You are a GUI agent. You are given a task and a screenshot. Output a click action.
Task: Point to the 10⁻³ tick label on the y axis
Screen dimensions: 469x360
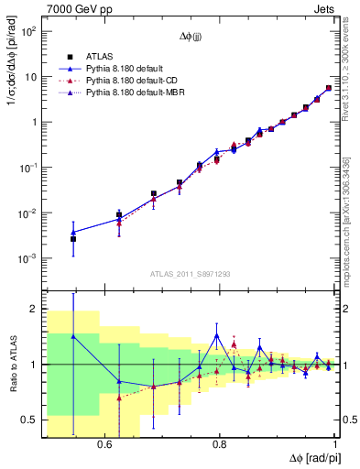[x=28, y=259]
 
